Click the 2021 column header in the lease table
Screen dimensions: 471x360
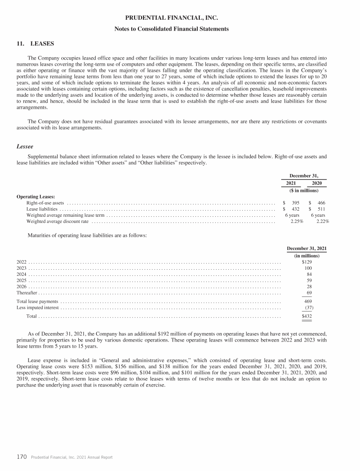point(292,182)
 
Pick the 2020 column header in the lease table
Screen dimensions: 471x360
point(317,182)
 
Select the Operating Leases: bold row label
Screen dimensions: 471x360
point(36,197)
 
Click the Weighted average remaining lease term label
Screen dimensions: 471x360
point(65,215)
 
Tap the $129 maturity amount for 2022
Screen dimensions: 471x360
point(307,262)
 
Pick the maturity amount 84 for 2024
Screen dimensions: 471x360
point(309,274)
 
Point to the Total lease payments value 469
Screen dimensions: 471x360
point(308,301)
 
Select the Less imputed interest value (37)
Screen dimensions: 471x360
point(308,308)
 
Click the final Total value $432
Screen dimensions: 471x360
point(307,317)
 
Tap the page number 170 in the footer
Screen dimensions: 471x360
point(21,457)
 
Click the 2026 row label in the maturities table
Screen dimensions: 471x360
point(22,286)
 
